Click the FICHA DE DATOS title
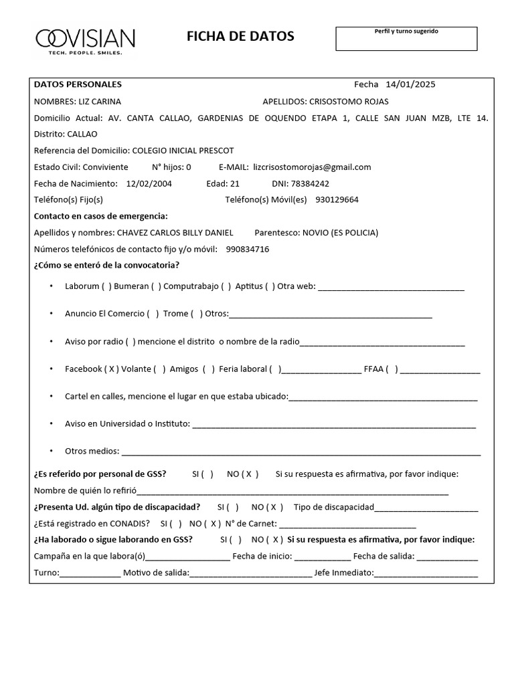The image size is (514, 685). (x=240, y=37)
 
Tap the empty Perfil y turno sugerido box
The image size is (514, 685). (x=406, y=41)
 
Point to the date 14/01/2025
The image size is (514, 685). (x=410, y=84)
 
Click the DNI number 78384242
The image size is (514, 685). (x=310, y=183)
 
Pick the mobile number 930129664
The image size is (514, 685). (x=337, y=199)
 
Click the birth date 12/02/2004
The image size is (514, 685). (x=149, y=183)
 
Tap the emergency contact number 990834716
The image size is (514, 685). (x=248, y=249)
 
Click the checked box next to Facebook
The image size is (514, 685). (x=112, y=369)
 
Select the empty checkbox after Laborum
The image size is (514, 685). (x=107, y=286)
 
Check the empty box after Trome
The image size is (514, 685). (x=196, y=314)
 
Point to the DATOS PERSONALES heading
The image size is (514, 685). (x=78, y=84)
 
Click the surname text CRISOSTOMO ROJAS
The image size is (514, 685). (x=349, y=102)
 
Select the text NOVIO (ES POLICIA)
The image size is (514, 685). (x=340, y=233)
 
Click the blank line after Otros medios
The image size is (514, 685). (x=301, y=452)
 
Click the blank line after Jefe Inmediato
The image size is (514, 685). (x=426, y=573)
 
